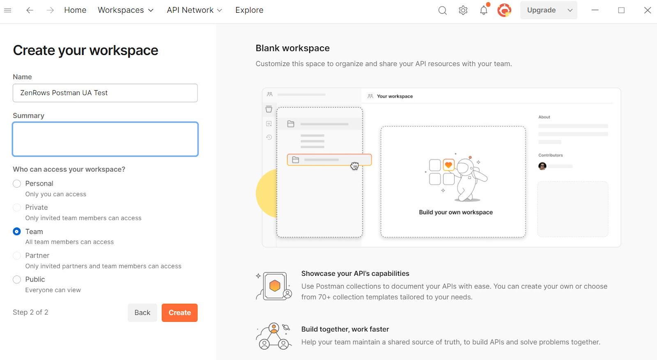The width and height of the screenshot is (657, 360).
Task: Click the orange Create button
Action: [x=179, y=312]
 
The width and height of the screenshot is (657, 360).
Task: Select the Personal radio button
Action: [x=17, y=183]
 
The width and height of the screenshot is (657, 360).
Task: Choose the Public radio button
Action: [x=17, y=280]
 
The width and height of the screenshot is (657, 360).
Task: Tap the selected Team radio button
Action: [x=17, y=232]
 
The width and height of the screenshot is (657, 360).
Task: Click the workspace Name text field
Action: [x=105, y=93]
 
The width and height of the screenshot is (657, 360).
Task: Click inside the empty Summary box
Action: [x=105, y=139]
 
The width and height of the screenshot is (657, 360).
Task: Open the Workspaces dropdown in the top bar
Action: [x=126, y=10]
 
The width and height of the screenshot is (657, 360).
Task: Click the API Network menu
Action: [x=195, y=10]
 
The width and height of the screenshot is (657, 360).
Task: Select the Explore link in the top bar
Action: [x=249, y=10]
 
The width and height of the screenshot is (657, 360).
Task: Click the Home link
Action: [x=75, y=10]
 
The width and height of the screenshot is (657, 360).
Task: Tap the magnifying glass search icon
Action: [x=443, y=11]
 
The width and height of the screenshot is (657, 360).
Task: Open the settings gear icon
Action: [x=463, y=10]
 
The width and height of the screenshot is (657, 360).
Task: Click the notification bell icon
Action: [x=484, y=10]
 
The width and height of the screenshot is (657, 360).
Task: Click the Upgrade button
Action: [x=542, y=10]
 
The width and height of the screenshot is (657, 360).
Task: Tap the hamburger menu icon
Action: [x=8, y=10]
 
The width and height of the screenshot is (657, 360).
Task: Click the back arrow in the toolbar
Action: [x=30, y=10]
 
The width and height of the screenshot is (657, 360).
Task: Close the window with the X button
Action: [x=647, y=10]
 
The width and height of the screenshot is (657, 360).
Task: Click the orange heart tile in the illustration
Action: [x=448, y=165]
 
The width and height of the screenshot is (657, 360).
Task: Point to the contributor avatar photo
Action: [x=542, y=166]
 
